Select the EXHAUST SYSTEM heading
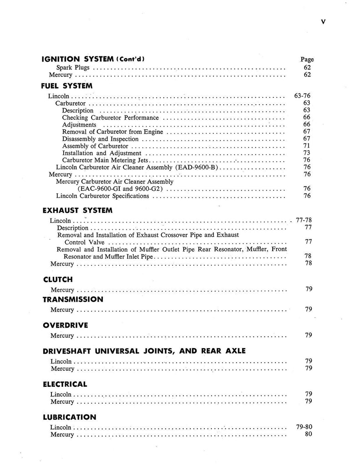click(77, 210)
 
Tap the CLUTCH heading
click(57, 279)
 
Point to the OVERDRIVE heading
click(65, 325)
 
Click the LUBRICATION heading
click(69, 417)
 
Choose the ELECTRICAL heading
click(65, 384)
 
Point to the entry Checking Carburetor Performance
click(111, 117)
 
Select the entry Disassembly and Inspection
click(100, 139)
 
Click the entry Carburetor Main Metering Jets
click(106, 160)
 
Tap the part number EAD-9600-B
click(197, 167)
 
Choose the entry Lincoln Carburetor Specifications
click(102, 196)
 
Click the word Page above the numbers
click(307, 59)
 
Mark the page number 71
click(307, 146)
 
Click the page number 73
click(307, 153)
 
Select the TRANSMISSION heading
click(73, 299)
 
